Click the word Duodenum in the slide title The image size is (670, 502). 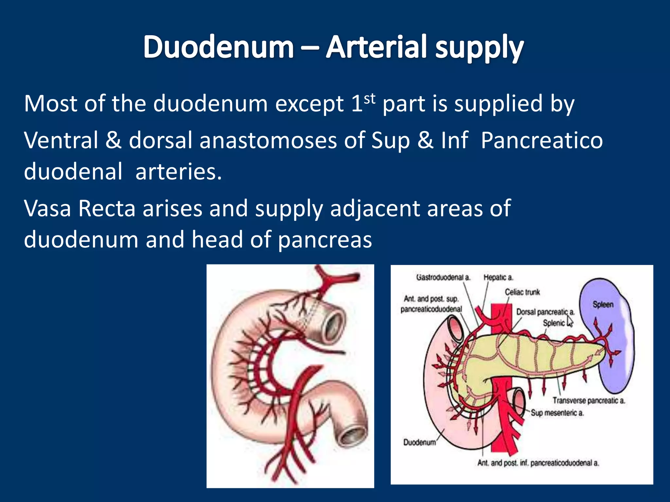219,47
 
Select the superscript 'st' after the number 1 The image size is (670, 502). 370,98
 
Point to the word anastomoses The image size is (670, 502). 268,140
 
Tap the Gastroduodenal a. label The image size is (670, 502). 443,277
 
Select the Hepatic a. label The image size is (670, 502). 498,277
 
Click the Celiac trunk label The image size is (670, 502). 522,292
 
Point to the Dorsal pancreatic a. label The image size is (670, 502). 545,312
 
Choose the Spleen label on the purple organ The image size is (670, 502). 603,305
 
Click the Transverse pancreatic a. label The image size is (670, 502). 589,400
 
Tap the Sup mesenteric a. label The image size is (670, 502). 557,413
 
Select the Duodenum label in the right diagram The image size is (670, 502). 419,442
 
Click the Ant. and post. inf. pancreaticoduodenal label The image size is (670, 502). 538,463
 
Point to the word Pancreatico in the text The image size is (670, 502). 542,140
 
